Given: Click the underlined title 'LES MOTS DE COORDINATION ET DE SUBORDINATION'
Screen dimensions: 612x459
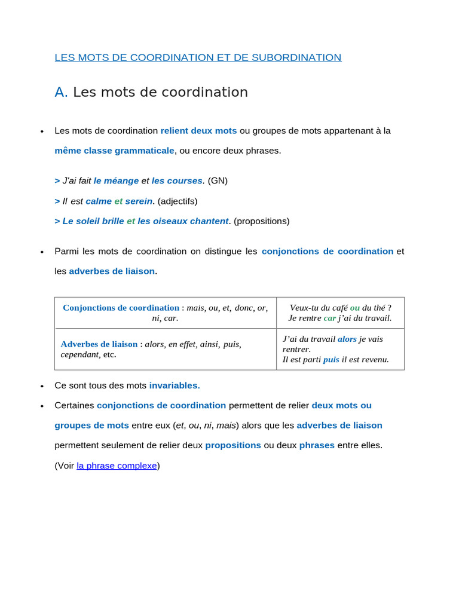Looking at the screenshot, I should (x=198, y=57).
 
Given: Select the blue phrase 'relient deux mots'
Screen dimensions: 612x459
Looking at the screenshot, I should (x=198, y=130).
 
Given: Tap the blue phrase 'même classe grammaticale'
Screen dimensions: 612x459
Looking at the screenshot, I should (x=114, y=151).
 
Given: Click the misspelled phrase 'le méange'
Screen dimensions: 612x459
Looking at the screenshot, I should (x=116, y=180).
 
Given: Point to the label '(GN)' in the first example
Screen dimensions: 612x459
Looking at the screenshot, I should (x=218, y=180).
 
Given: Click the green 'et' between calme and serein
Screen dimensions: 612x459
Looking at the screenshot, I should (x=118, y=201).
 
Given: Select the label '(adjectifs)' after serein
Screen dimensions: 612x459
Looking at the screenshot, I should (x=178, y=201).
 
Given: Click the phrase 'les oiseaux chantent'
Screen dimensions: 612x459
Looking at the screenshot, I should (x=183, y=221).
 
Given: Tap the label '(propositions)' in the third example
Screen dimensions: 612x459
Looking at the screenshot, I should (x=261, y=221).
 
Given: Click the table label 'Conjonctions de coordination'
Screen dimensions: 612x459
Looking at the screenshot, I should (x=121, y=308).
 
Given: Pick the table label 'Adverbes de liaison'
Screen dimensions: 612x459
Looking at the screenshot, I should (x=99, y=344).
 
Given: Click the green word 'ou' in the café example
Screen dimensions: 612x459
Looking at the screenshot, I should (x=355, y=308).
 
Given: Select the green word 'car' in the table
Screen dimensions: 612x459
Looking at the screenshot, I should (x=330, y=318).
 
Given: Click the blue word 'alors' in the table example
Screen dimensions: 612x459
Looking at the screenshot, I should (x=347, y=339).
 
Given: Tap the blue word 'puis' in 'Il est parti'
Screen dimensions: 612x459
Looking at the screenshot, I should (x=331, y=359).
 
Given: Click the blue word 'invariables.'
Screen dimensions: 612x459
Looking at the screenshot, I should (x=175, y=385).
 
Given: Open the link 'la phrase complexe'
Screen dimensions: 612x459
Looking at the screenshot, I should (x=117, y=465).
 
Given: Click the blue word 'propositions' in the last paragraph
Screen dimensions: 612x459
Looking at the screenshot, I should (x=233, y=445).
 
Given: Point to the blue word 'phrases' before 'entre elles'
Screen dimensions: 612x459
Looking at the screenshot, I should (x=317, y=445).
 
